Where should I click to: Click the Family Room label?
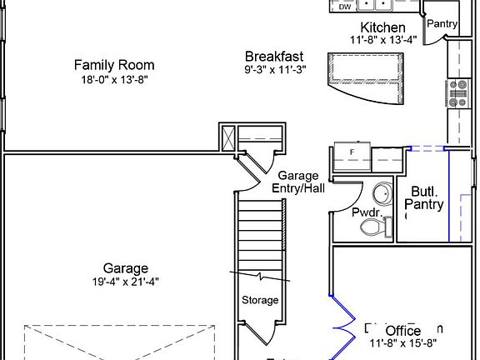point(113,65)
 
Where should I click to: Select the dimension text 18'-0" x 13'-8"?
point(113,80)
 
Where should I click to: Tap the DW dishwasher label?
point(345,7)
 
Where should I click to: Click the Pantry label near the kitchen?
point(442,23)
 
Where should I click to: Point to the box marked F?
point(352,153)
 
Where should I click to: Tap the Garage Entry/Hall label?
point(298,182)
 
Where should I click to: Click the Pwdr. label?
point(366,212)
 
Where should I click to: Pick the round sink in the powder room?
point(382,194)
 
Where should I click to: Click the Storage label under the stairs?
point(260,300)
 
